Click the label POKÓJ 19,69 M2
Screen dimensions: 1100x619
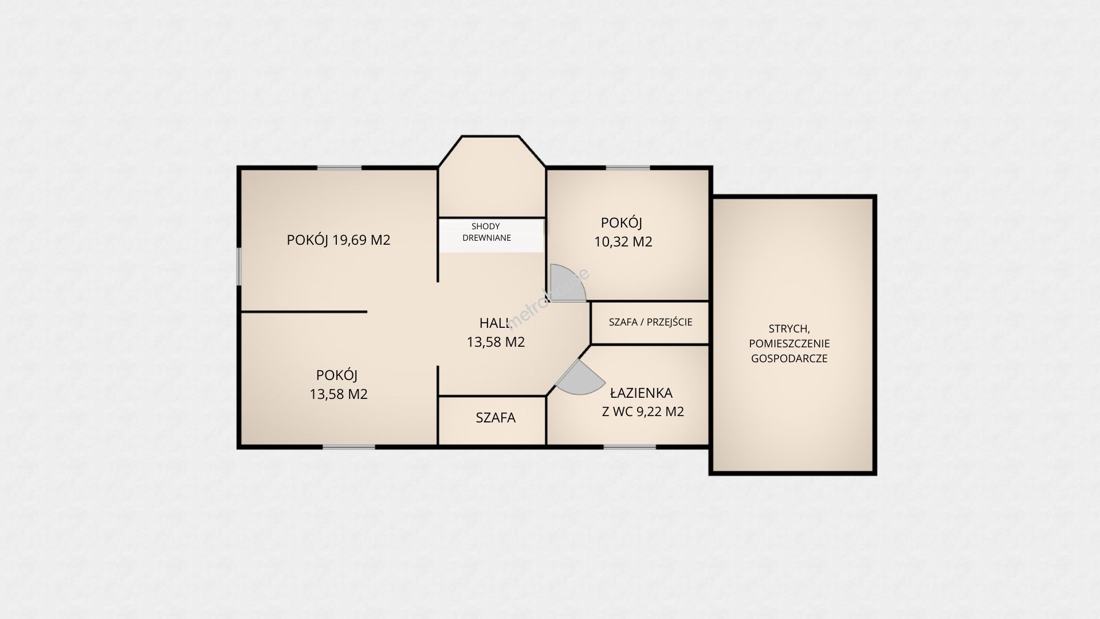point(339,240)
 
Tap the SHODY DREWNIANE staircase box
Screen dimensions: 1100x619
point(492,235)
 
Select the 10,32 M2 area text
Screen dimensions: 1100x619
point(623,242)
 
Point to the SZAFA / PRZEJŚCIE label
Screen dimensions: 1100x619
point(650,322)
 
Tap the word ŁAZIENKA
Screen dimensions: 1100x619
point(641,393)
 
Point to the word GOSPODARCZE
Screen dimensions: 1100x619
point(789,359)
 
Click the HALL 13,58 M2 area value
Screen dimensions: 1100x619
point(496,342)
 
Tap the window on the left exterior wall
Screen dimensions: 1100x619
point(239,266)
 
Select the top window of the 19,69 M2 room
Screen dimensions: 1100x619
point(340,168)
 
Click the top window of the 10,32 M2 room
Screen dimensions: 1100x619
point(628,168)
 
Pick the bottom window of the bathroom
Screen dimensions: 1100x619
point(630,446)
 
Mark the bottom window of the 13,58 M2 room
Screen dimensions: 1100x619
point(349,446)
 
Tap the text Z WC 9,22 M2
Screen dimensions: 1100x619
point(643,412)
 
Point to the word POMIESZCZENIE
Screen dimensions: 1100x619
point(789,344)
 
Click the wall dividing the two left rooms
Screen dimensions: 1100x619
point(304,312)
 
